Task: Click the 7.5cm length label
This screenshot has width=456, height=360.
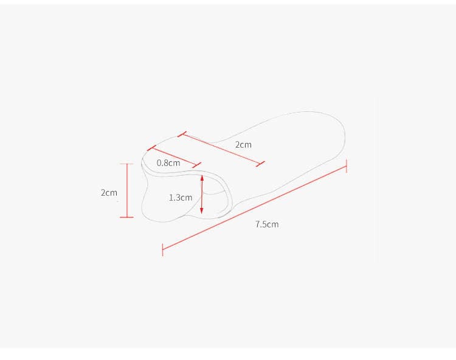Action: [x=267, y=224]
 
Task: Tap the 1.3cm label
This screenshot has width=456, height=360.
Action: [x=181, y=198]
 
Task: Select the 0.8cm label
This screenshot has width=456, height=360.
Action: [x=168, y=163]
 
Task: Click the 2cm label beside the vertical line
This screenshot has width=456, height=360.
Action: [x=109, y=193]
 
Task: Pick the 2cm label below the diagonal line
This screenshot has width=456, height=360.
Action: [x=243, y=145]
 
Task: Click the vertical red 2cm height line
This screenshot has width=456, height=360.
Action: [x=127, y=190]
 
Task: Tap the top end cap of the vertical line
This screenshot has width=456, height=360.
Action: [x=127, y=164]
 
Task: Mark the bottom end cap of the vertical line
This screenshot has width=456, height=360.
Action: [x=127, y=217]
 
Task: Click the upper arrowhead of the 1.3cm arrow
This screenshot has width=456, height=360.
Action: [x=202, y=178]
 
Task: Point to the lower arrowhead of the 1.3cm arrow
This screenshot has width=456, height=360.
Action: [x=202, y=211]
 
